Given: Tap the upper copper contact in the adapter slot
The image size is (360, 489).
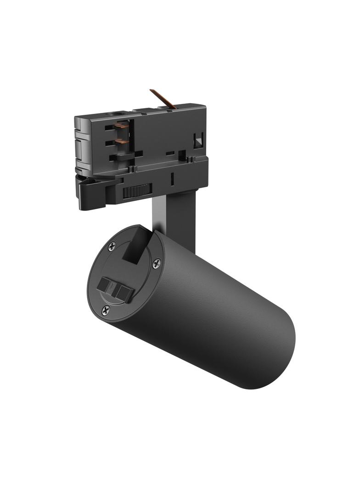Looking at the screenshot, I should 122,125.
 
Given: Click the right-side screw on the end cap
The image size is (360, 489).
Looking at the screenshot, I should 157,263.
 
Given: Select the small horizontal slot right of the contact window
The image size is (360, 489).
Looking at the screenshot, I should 170,153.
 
